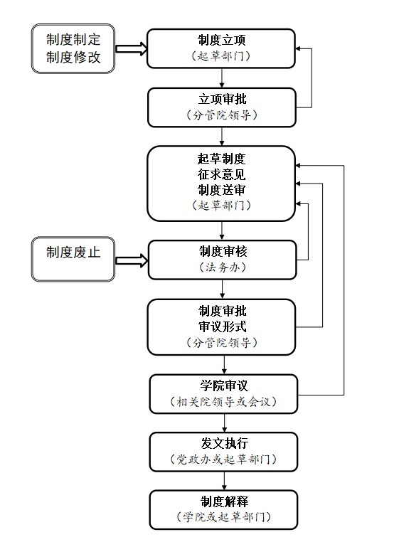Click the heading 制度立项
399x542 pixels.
click(x=222, y=40)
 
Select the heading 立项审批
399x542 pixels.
click(x=223, y=99)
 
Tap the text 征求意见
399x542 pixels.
click(x=222, y=174)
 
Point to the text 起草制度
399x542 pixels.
click(x=222, y=159)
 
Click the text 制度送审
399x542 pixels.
click(x=222, y=190)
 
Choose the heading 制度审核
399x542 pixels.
click(x=223, y=251)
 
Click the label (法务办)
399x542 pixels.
click(x=223, y=267)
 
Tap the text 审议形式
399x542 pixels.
click(x=223, y=326)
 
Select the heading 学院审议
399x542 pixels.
click(x=224, y=386)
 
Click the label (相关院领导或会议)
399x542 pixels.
click(x=224, y=402)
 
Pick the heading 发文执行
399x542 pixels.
click(x=225, y=443)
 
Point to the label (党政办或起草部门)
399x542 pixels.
click(x=224, y=459)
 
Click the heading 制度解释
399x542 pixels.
click(x=225, y=501)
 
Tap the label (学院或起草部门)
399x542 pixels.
click(x=224, y=517)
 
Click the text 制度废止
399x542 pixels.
click(x=73, y=253)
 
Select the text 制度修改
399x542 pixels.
click(x=73, y=58)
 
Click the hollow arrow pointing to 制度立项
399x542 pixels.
click(x=131, y=48)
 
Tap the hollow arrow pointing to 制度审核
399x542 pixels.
click(x=132, y=260)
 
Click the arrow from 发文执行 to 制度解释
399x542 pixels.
click(x=225, y=481)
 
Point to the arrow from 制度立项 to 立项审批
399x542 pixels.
click(x=222, y=78)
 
